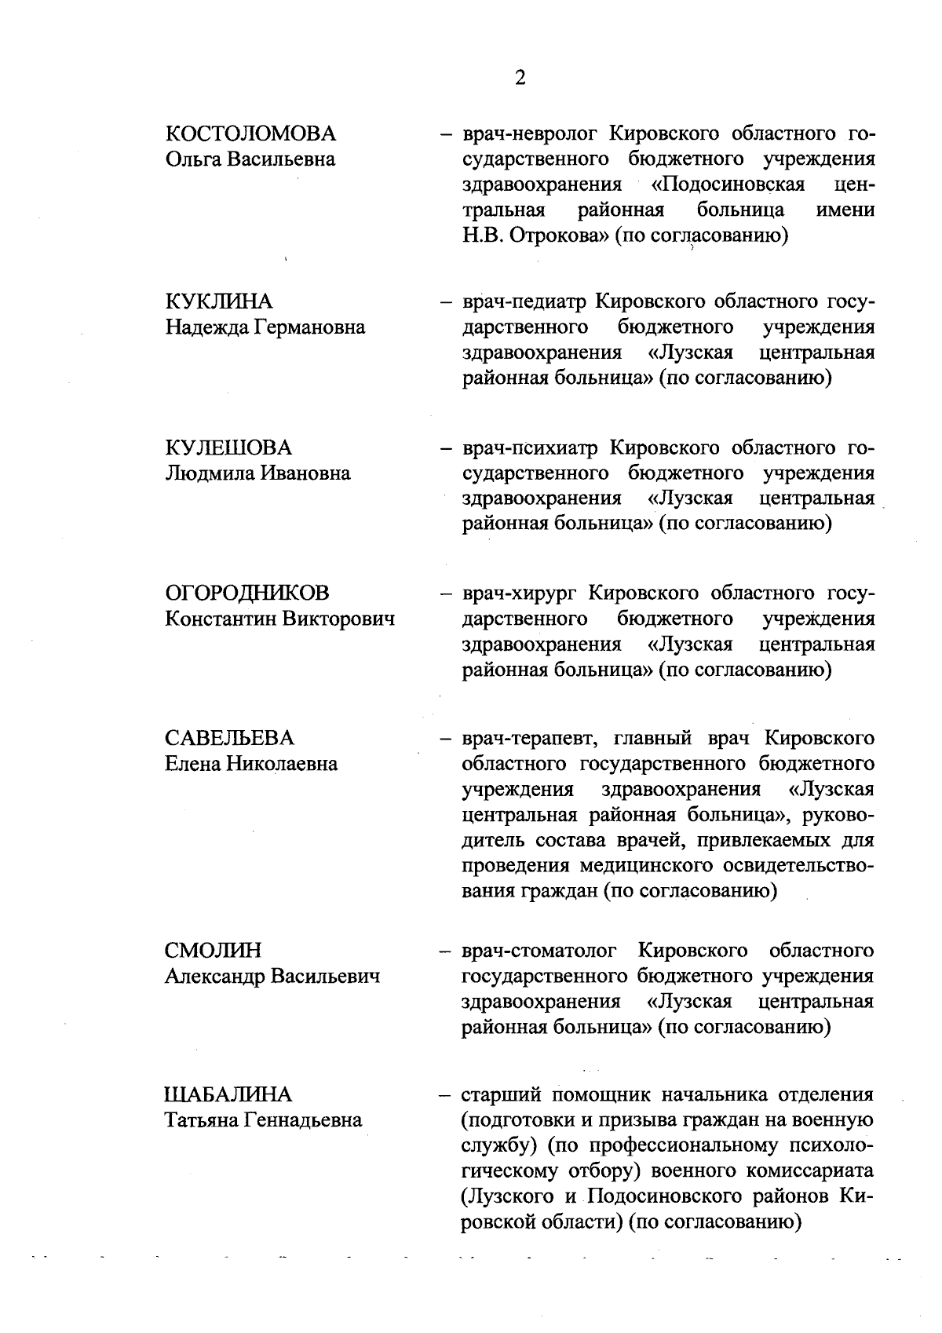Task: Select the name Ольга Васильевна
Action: tap(250, 159)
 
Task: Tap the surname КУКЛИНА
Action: tap(219, 301)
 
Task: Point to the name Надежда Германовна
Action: tap(265, 327)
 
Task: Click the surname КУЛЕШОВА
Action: tap(228, 447)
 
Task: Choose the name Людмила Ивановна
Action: tap(257, 473)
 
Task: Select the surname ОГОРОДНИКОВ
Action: tap(247, 593)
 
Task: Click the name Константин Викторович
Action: tap(279, 619)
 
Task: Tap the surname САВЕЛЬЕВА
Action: tap(229, 738)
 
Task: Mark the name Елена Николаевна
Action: tap(251, 764)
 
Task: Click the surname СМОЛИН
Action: tap(213, 951)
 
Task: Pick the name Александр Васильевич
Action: tap(272, 977)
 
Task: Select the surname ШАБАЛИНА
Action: tap(228, 1094)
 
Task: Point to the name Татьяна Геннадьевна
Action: tap(263, 1120)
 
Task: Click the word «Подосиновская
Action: tap(727, 185)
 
